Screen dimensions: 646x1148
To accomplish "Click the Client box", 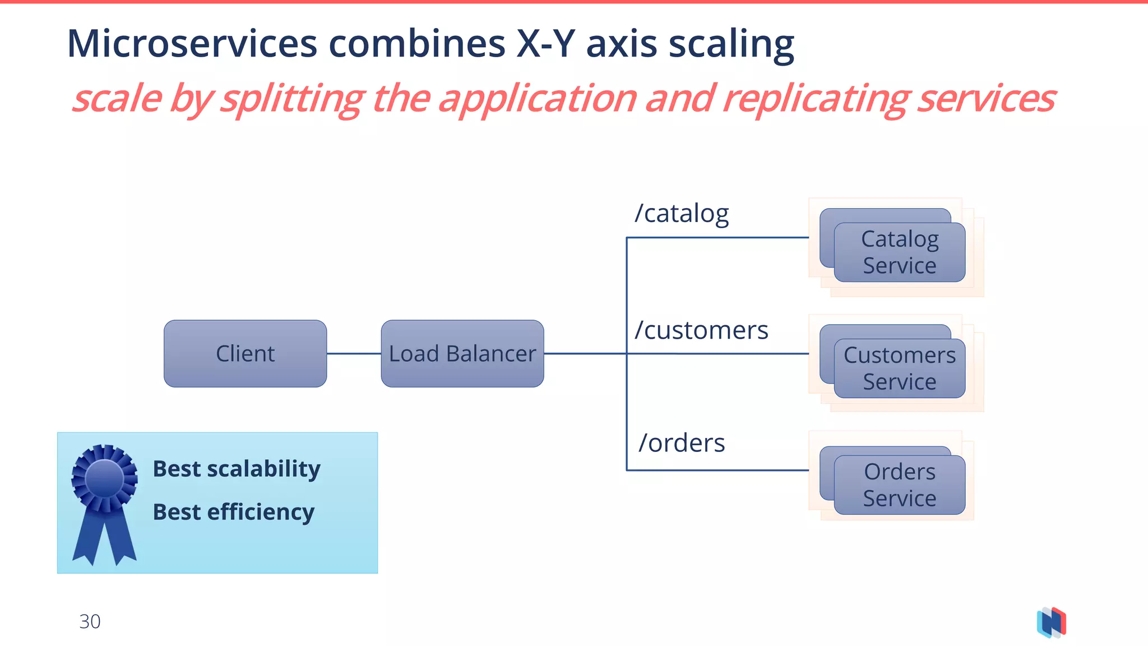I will (245, 353).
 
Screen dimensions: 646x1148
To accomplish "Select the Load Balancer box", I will (462, 353).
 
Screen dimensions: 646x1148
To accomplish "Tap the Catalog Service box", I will (899, 252).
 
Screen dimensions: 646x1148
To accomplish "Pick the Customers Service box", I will (899, 368).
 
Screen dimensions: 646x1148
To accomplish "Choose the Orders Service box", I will (899, 485).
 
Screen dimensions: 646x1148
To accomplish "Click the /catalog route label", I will (681, 214).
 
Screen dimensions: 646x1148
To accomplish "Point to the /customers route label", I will (701, 330).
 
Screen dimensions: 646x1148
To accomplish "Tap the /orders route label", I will (682, 443).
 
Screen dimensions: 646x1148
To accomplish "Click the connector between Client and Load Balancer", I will (354, 353).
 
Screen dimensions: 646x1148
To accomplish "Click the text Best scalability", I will (236, 469).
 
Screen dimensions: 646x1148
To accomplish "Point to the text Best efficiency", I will (233, 512).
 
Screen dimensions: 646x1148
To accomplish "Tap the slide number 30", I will (90, 621).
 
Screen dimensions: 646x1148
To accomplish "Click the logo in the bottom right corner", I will (1052, 622).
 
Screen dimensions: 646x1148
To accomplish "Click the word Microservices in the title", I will (192, 44).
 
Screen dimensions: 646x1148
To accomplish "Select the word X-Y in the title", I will (545, 44).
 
